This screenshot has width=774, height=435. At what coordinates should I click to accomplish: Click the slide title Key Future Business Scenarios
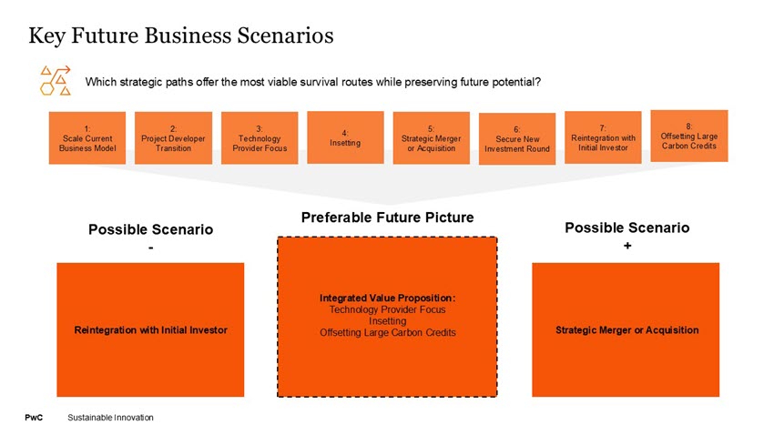tap(181, 36)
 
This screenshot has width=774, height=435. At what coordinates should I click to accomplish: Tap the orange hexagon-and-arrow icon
tap(56, 79)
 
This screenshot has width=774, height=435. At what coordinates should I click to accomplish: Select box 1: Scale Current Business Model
tap(87, 138)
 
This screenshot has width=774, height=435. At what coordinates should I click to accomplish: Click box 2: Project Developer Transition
tap(173, 138)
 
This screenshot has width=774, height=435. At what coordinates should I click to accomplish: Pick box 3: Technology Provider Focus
tap(260, 138)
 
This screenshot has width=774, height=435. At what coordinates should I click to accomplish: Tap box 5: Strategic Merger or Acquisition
tap(431, 138)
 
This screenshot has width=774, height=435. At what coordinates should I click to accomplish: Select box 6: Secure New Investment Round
tap(517, 139)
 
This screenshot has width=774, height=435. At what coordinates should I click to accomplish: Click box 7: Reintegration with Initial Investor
tap(603, 137)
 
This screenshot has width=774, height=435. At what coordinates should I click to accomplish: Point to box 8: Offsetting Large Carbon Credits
tap(689, 136)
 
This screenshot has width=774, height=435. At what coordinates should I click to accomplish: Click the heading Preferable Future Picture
tap(387, 218)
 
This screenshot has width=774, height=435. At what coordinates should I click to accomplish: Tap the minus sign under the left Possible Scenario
tap(150, 247)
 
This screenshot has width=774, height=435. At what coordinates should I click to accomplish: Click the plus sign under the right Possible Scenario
tap(627, 246)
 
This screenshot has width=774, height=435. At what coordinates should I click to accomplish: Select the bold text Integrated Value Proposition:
tap(387, 298)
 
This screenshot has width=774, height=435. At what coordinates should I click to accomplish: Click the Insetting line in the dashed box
tap(387, 321)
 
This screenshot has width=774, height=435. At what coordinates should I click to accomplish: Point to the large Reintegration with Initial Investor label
tap(150, 329)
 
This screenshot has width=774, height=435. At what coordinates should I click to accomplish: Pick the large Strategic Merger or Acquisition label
tap(626, 329)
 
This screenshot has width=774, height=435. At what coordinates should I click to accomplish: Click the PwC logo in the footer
tap(34, 417)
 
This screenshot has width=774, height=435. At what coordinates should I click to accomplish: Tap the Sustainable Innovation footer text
tap(110, 417)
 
